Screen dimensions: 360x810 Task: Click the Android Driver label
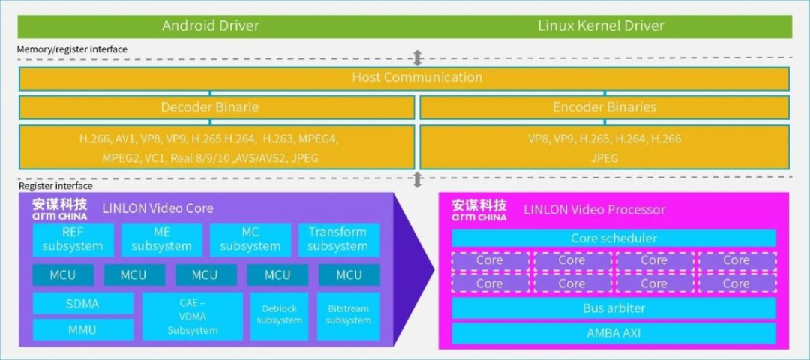tap(211, 25)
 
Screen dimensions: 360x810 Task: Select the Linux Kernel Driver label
tap(601, 25)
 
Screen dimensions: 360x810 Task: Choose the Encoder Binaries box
tap(604, 107)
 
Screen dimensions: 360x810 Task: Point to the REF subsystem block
tap(73, 239)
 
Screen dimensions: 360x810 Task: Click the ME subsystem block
tap(161, 239)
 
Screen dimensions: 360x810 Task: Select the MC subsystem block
tap(250, 239)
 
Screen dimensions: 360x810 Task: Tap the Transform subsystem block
tap(338, 239)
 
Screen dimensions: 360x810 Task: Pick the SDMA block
tap(82, 303)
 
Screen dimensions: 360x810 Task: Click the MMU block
tap(82, 329)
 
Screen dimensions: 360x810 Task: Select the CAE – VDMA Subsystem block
tap(193, 316)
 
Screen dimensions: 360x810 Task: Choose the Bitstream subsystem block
tap(349, 316)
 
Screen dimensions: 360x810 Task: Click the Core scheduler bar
tap(613, 238)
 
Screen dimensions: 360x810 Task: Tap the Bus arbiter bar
tap(613, 308)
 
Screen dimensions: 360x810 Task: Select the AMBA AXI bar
tap(613, 333)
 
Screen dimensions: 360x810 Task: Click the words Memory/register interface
tap(73, 49)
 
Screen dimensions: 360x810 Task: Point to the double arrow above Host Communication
tap(418, 58)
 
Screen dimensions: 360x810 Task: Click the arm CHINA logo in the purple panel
tap(59, 209)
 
